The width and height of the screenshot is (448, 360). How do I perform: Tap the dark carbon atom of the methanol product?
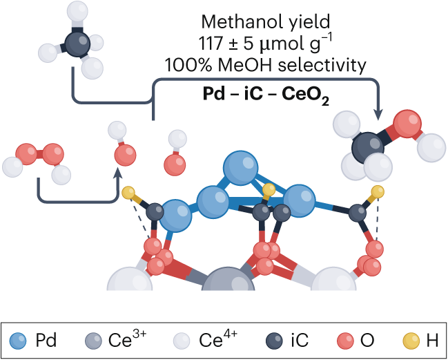click(x=369, y=145)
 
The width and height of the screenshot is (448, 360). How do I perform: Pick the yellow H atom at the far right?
click(x=377, y=191)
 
